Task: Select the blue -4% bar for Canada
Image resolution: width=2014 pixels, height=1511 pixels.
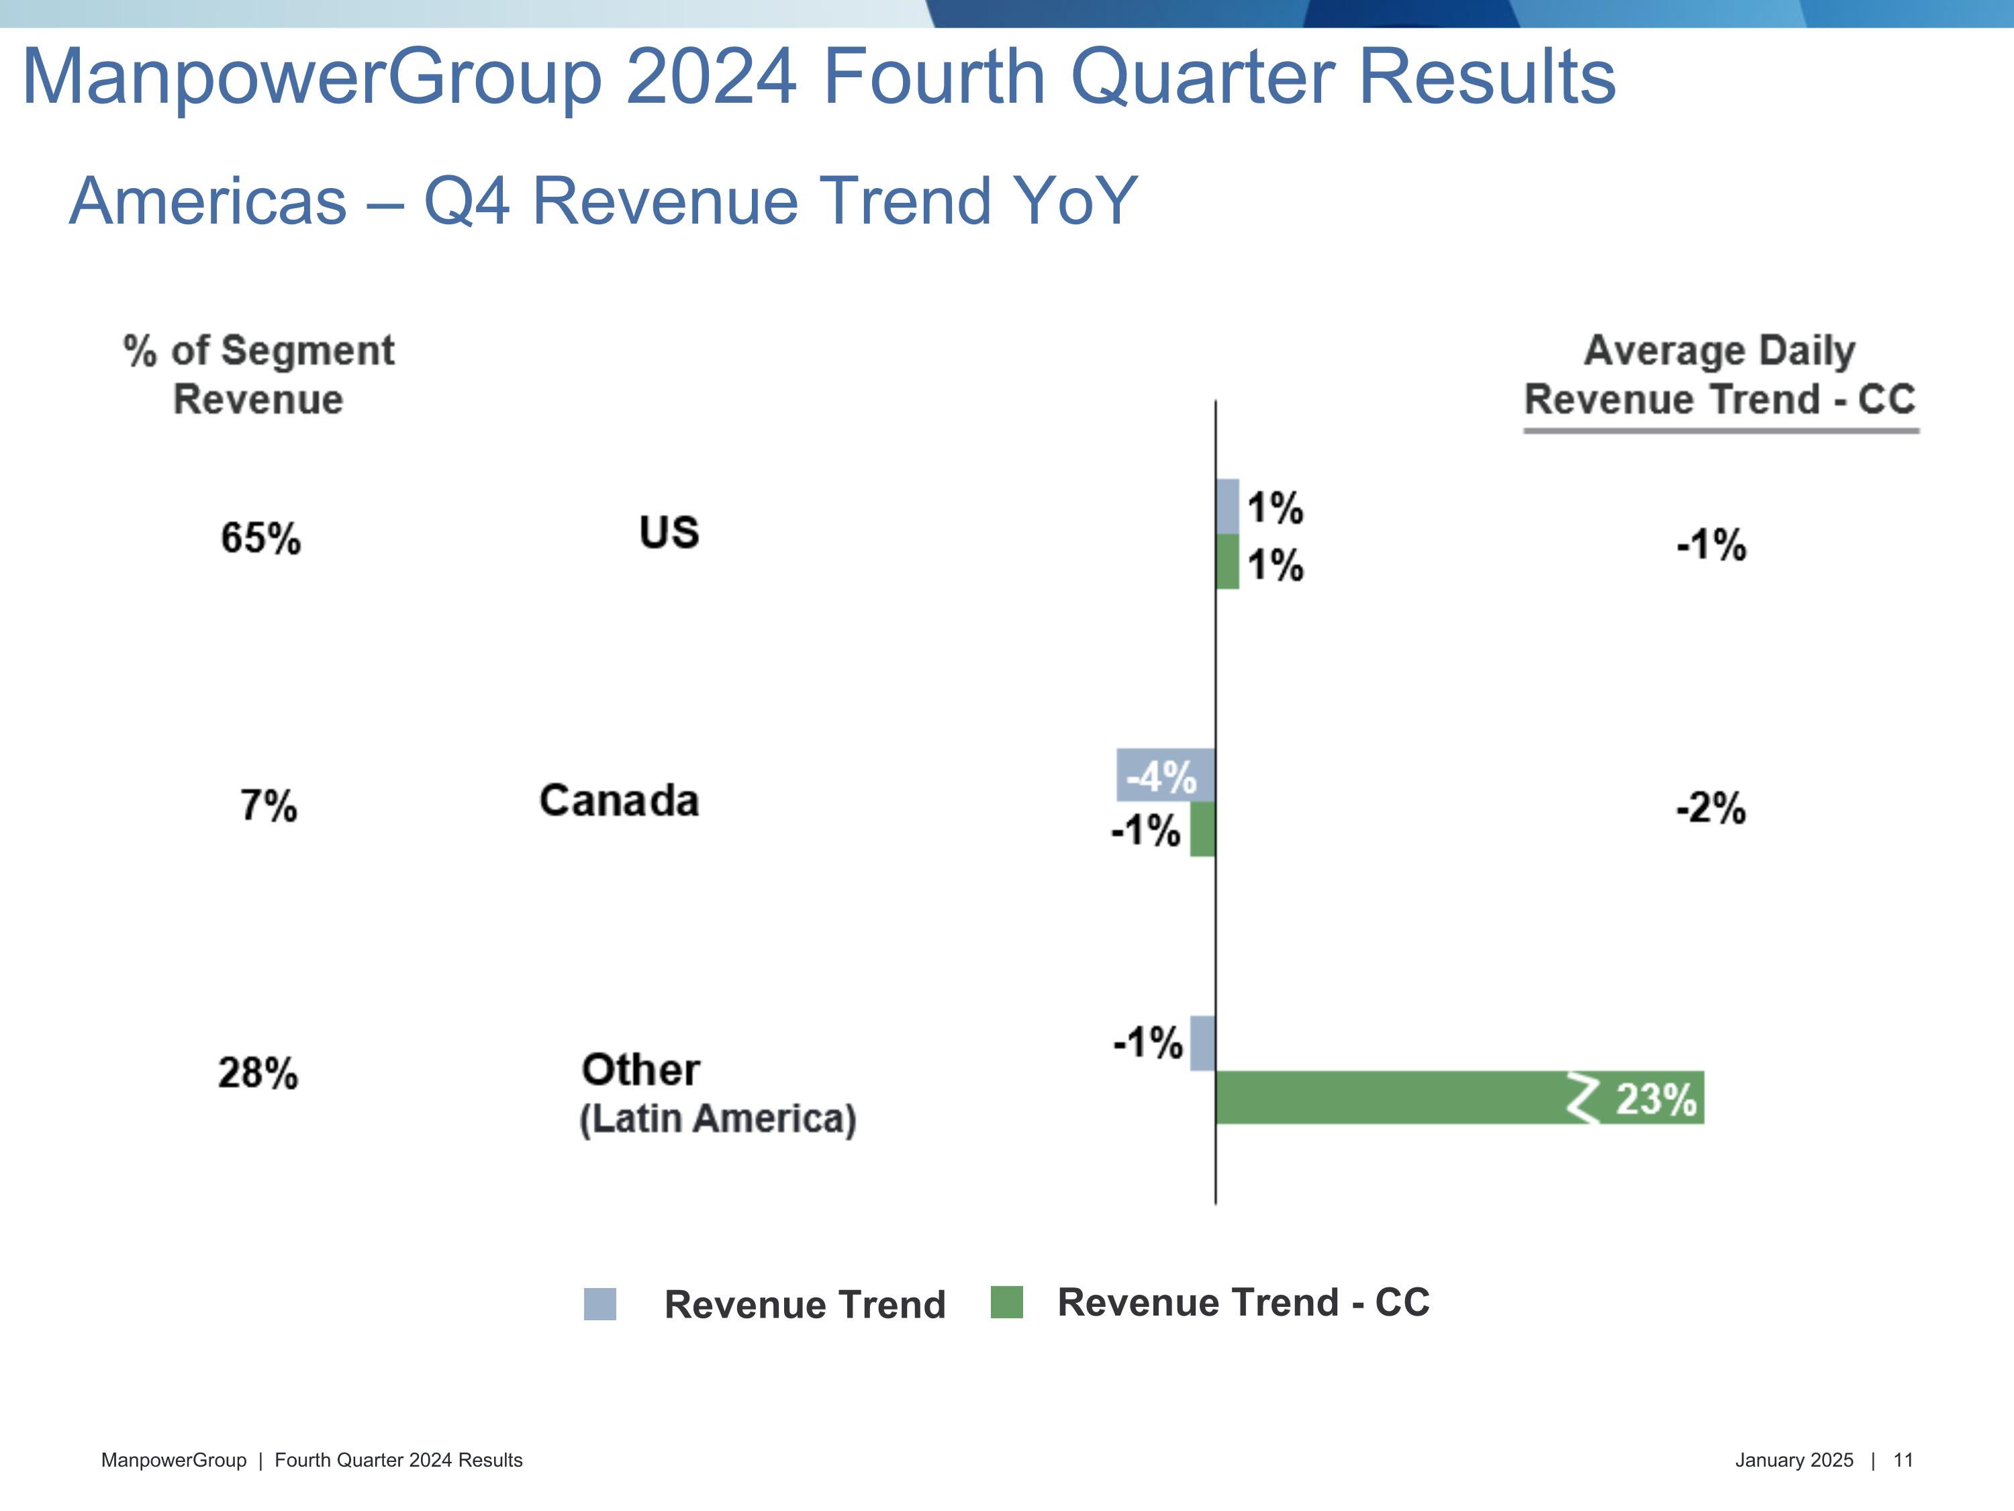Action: [1165, 775]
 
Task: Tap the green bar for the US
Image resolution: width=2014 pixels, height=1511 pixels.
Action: [1227, 561]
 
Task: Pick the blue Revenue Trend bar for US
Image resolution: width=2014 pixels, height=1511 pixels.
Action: [1227, 506]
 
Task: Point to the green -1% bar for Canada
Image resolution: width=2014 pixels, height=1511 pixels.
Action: [1203, 829]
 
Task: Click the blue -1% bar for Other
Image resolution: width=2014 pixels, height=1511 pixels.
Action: [1203, 1043]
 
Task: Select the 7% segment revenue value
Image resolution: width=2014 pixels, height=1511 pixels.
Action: [269, 806]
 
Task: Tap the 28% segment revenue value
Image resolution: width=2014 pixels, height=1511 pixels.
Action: [258, 1073]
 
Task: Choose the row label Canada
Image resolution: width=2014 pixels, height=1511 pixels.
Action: [619, 800]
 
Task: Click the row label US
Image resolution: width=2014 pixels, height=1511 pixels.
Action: [669, 533]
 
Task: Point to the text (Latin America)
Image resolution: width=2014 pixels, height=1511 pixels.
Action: [718, 1118]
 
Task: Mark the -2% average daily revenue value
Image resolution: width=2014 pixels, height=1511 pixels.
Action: [1711, 808]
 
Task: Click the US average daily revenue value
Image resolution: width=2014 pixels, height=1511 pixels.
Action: [1711, 545]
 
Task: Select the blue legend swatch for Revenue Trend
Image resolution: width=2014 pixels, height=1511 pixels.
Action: [600, 1303]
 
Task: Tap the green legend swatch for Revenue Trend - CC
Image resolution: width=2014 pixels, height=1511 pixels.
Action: [1006, 1301]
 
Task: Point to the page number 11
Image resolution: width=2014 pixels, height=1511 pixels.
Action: [1903, 1460]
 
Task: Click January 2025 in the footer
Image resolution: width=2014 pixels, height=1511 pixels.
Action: [1794, 1460]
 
